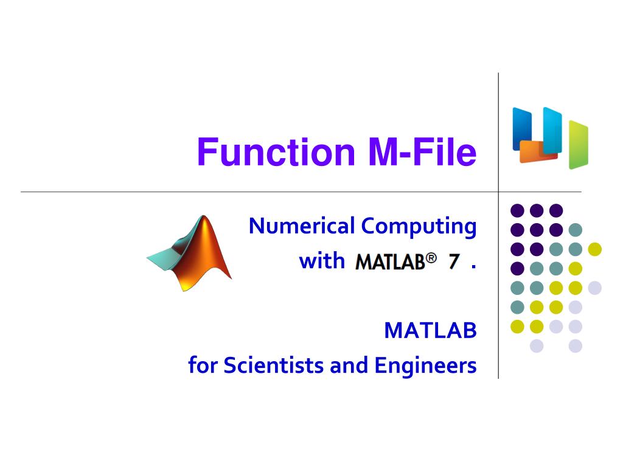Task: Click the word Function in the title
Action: click(x=276, y=151)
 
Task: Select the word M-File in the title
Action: click(x=422, y=151)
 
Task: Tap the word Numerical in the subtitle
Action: click(x=302, y=226)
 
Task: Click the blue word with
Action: click(x=322, y=261)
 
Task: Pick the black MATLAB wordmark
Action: click(x=390, y=262)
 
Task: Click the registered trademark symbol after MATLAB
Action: click(x=431, y=258)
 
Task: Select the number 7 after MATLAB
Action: click(x=454, y=261)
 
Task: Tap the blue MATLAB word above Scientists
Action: click(x=430, y=330)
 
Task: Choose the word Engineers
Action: click(x=425, y=366)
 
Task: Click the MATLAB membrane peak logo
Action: click(x=190, y=254)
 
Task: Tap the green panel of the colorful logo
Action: click(x=578, y=145)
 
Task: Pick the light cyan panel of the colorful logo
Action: click(x=552, y=130)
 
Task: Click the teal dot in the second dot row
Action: click(x=576, y=229)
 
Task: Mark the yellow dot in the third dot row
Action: click(x=595, y=249)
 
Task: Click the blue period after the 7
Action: click(x=473, y=268)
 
